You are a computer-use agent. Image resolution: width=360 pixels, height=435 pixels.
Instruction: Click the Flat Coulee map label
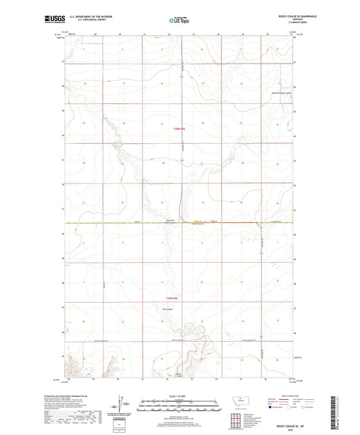click(170, 310)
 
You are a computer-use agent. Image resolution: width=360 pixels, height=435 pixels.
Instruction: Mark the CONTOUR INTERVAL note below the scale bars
click(179, 413)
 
